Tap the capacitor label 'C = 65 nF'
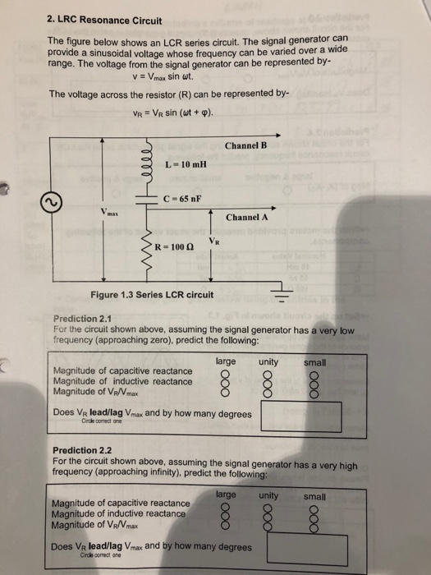183,199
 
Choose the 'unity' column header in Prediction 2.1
268,361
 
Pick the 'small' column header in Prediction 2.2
314,496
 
